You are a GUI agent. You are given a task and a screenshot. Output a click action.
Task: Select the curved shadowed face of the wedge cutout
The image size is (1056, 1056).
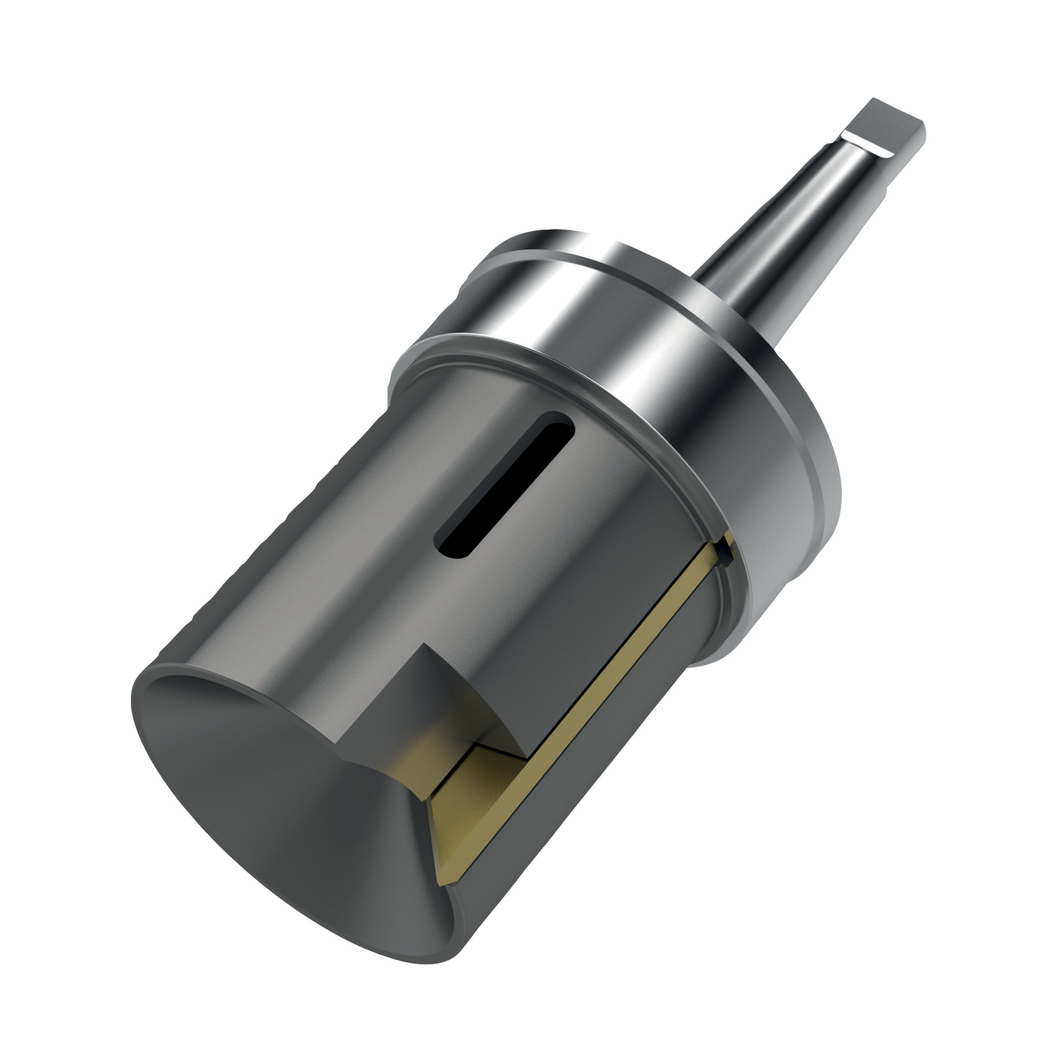pyautogui.click(x=486, y=704)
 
